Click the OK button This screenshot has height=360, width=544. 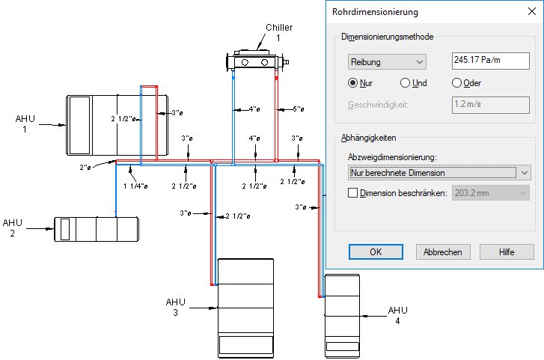point(376,252)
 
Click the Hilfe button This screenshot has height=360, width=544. point(507,252)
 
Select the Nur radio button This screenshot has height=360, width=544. point(353,83)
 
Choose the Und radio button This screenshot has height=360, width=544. point(406,83)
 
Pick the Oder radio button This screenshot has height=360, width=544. point(456,83)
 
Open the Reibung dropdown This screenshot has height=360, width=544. point(387,62)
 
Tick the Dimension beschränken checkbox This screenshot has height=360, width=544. point(354,193)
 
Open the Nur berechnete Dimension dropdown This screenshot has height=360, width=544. point(439,173)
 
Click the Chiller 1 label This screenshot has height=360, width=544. point(278,32)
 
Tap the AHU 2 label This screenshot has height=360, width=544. point(13,228)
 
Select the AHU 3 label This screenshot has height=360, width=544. point(175,307)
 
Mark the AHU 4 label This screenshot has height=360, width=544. point(397,315)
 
